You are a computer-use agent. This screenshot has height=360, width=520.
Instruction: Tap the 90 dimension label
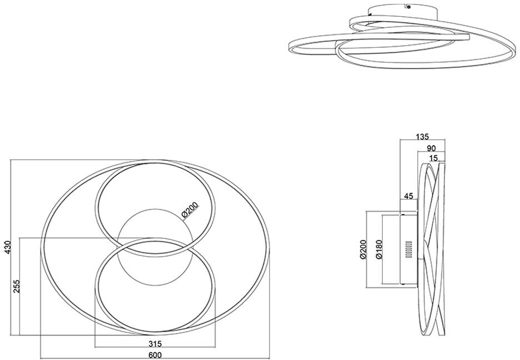coord(431,148)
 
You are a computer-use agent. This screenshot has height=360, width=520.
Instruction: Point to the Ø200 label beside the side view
coord(363,250)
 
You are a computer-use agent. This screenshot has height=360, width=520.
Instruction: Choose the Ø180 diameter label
coord(378,250)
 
